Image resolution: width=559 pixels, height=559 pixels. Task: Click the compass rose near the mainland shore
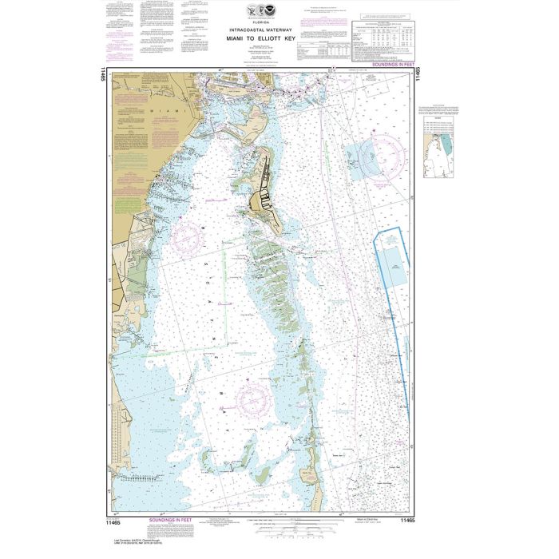(x=187, y=238)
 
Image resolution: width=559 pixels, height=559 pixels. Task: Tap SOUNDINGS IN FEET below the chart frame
(x=172, y=520)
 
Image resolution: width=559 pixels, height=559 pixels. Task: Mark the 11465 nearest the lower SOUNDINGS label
(x=121, y=520)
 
